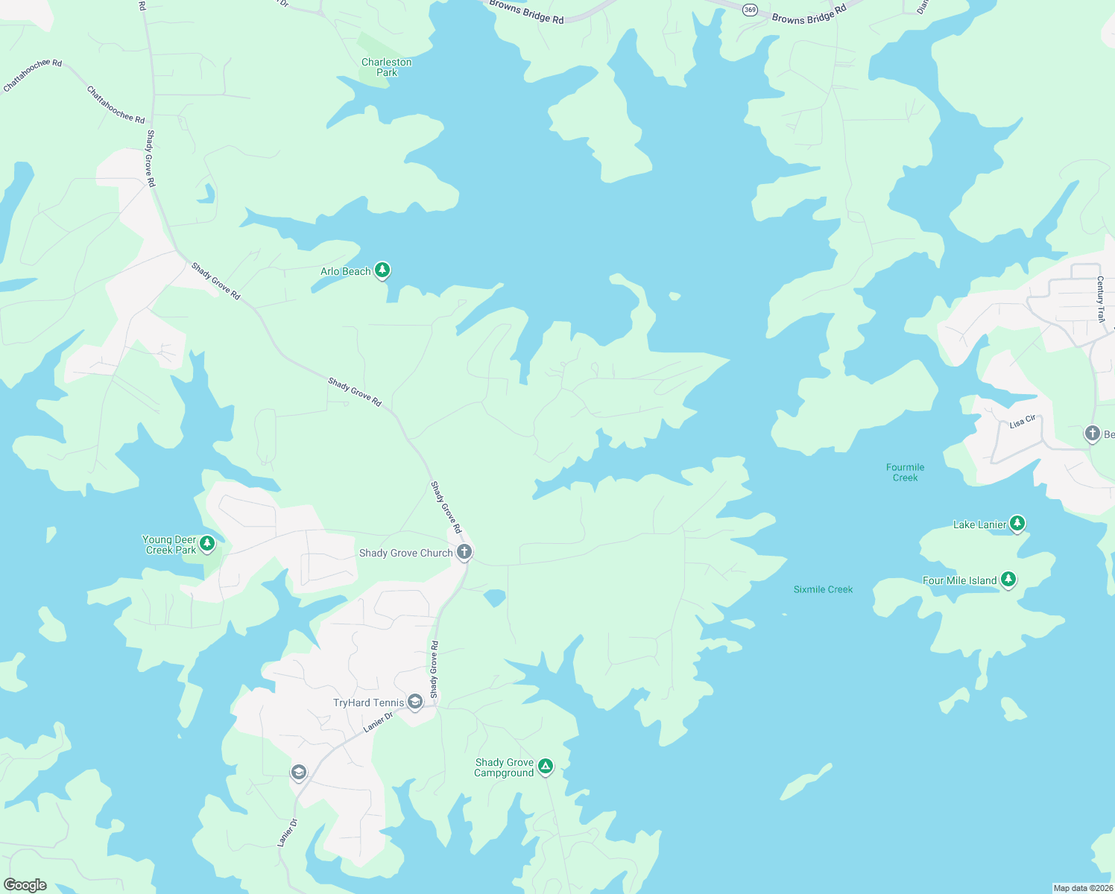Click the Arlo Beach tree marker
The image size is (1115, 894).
coord(382,270)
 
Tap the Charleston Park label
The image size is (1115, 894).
coord(386,67)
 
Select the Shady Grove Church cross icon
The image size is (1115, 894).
coord(464,552)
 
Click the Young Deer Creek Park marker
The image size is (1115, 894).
coord(207,543)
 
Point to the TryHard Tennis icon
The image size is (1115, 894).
coord(415,702)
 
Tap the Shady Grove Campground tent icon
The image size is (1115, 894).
coord(546,766)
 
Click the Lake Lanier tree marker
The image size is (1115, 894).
coord(1017,523)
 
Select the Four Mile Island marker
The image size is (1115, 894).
coord(1008,579)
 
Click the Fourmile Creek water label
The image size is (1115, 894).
coord(905,472)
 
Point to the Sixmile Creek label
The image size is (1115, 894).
coord(823,589)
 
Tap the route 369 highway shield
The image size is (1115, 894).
coord(750,10)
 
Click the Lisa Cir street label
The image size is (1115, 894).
coord(1022,422)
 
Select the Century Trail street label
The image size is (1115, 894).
coord(1100,298)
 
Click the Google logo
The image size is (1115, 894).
coord(25,885)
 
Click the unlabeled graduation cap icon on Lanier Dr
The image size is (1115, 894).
coord(298,773)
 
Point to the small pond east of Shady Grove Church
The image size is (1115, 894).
coord(494,597)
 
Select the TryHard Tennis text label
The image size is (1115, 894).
coord(368,703)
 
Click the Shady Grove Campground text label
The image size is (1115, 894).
coord(504,767)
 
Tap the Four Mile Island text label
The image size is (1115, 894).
coord(959,580)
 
